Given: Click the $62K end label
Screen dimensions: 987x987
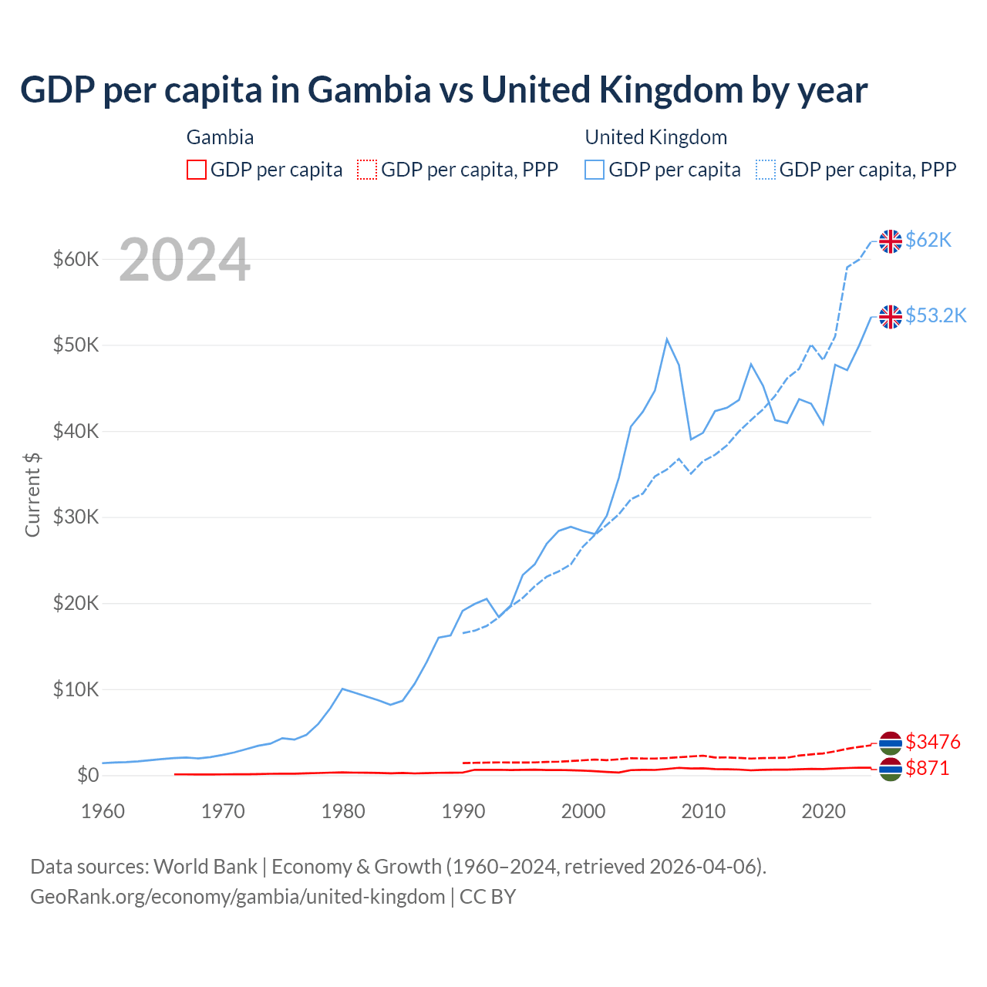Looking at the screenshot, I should (928, 241).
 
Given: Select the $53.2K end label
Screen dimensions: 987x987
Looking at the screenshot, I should (935, 315).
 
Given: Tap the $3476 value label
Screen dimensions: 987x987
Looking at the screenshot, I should (932, 742).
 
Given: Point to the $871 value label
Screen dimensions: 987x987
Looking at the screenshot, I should (927, 768).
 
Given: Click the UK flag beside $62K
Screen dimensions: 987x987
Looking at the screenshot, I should (891, 241).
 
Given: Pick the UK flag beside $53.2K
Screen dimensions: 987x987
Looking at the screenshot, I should (891, 316).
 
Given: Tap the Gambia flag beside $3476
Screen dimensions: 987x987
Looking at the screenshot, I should (891, 743).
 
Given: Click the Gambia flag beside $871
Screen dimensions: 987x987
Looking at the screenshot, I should (891, 769).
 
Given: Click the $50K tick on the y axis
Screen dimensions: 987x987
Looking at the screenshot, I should (76, 345).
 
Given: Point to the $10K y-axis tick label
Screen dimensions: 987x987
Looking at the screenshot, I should (76, 689).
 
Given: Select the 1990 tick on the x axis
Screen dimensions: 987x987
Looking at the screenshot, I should (463, 811).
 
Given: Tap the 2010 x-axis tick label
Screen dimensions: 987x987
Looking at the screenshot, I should (703, 811).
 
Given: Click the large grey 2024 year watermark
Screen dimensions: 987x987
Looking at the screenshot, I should (185, 261).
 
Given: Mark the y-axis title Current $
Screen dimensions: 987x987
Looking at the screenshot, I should (32, 494).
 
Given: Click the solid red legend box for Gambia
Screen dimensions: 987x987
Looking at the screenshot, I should (197, 170).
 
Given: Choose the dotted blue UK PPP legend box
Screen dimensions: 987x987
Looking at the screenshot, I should (766, 170).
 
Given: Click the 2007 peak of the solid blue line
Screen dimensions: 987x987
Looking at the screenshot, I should (667, 339).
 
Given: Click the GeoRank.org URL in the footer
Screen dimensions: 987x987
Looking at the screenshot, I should (237, 897).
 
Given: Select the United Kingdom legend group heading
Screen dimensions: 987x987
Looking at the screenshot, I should (656, 137).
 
